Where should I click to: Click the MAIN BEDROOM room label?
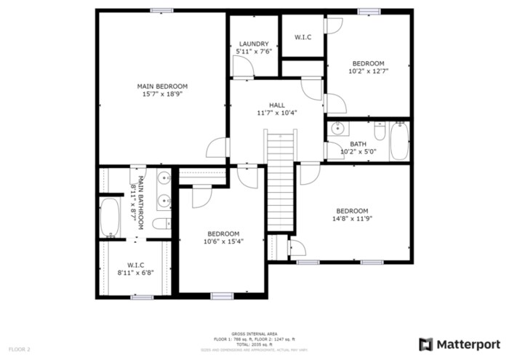(x=162, y=87)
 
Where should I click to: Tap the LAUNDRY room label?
(x=254, y=44)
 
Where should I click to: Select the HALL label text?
(x=277, y=104)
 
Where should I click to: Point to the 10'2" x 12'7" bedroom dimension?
(x=368, y=71)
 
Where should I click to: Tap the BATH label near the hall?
(x=358, y=144)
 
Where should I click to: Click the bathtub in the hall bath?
(x=400, y=142)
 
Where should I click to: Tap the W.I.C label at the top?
(x=303, y=36)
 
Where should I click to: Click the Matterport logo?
(x=460, y=344)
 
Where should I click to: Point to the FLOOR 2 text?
(x=19, y=350)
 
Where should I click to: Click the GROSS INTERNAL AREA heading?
(x=254, y=334)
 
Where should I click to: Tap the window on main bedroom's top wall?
(x=162, y=10)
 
